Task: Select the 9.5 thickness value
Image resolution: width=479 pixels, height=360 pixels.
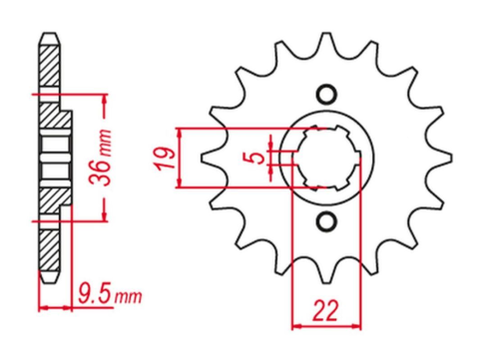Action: [x=92, y=294]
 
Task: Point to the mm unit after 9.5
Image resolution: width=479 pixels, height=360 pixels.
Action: [x=127, y=296]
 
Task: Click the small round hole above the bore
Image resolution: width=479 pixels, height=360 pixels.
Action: [x=324, y=96]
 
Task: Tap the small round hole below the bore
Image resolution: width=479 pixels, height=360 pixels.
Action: [x=324, y=219]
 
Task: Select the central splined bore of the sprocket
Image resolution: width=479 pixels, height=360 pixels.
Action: [x=324, y=158]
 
